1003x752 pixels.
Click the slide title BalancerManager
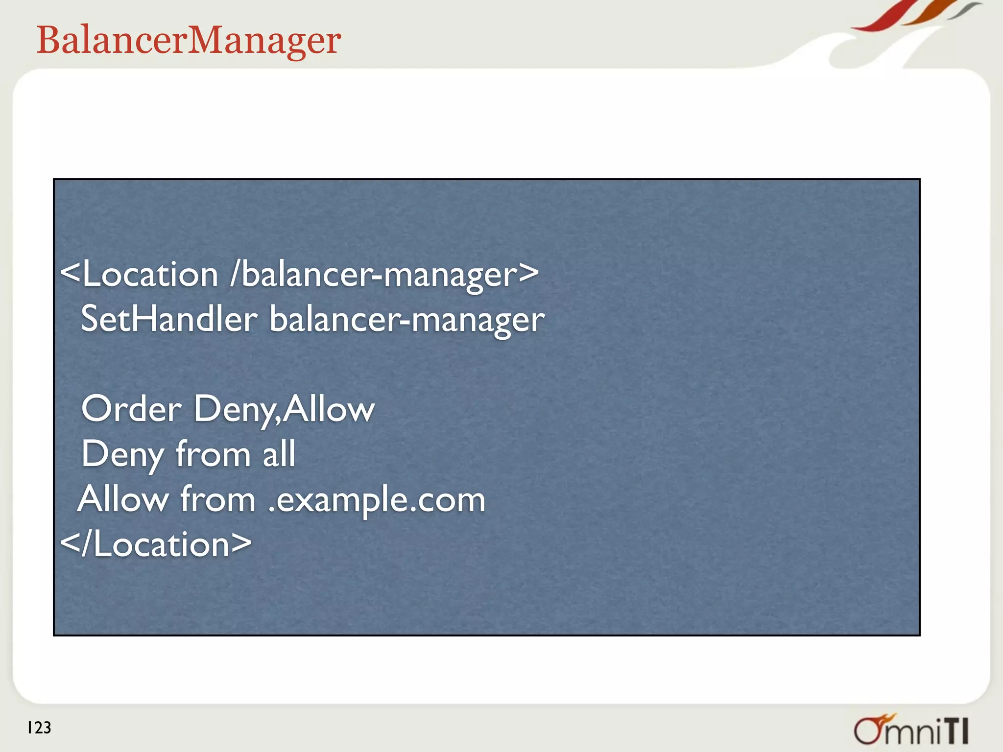coord(189,40)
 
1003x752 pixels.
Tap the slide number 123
coord(39,728)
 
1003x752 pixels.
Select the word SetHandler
coord(169,319)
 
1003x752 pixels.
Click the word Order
coord(131,409)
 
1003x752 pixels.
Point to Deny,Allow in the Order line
coord(284,409)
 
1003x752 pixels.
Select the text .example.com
coord(377,500)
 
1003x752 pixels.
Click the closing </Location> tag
coord(156,544)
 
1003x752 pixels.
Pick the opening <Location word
coord(139,274)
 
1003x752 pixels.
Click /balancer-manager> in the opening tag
coord(384,274)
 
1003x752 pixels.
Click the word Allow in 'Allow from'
coord(123,499)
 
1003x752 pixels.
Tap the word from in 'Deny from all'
coord(212,454)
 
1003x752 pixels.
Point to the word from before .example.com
coord(217,499)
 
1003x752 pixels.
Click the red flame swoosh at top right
coord(882,20)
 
